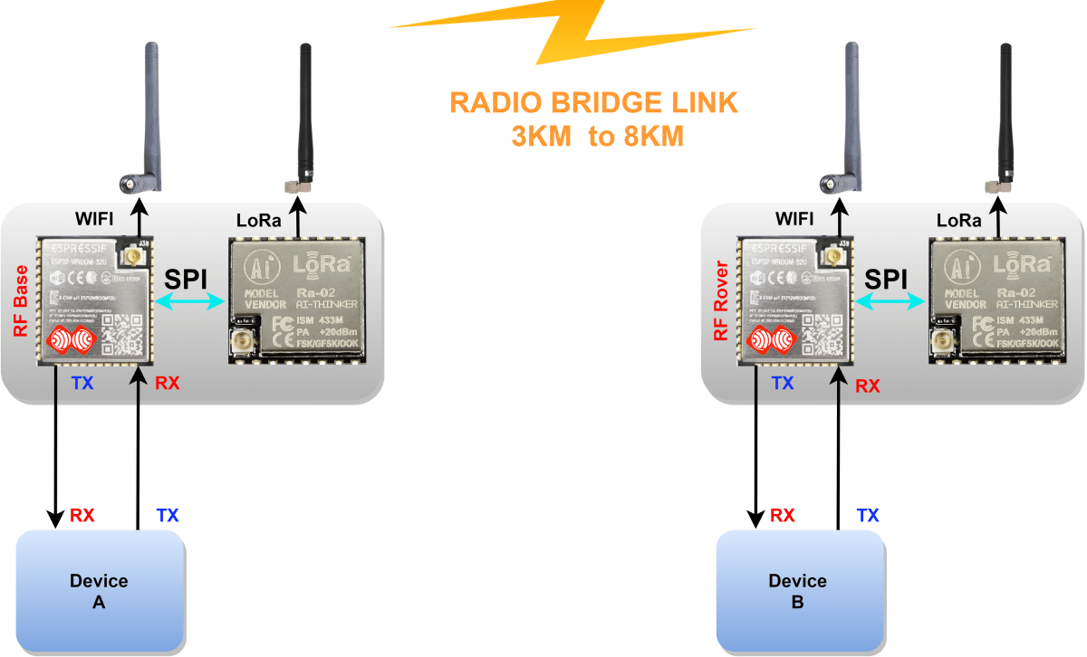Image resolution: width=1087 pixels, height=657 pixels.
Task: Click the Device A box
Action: (x=100, y=590)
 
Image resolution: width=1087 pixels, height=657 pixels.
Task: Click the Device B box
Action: (x=798, y=590)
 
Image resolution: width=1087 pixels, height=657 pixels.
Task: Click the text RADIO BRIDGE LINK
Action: (x=593, y=103)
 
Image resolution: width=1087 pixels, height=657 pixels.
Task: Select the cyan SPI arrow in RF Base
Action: (x=190, y=305)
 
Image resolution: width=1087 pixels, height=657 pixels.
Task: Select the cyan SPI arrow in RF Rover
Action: (x=890, y=305)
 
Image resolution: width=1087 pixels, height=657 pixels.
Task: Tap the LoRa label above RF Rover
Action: (x=958, y=220)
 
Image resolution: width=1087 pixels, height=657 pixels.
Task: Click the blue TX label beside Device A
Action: (x=168, y=516)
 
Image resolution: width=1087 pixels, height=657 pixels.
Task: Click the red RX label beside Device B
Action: (x=783, y=516)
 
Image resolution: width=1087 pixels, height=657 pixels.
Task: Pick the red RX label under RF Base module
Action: (x=167, y=384)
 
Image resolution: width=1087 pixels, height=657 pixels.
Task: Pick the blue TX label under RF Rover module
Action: (x=783, y=384)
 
